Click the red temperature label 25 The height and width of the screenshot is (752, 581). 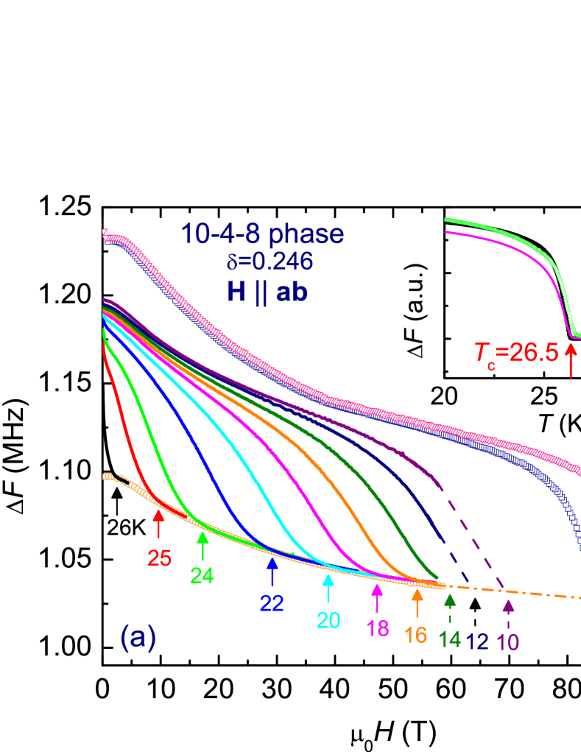click(x=159, y=558)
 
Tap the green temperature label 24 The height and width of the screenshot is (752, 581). click(x=202, y=574)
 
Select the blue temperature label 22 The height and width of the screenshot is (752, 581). click(x=272, y=602)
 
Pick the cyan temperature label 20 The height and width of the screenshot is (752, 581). click(x=328, y=620)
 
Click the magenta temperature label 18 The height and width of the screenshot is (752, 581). click(x=378, y=628)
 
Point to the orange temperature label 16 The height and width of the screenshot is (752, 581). click(x=416, y=635)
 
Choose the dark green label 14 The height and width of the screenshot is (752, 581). click(x=450, y=640)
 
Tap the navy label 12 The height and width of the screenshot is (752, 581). click(x=478, y=642)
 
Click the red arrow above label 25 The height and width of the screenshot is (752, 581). click(x=158, y=526)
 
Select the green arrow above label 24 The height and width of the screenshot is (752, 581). click(x=203, y=546)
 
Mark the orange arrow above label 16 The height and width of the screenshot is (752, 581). click(x=417, y=604)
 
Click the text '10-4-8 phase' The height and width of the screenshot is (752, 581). click(x=263, y=234)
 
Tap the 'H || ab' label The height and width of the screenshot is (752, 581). click(x=267, y=292)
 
